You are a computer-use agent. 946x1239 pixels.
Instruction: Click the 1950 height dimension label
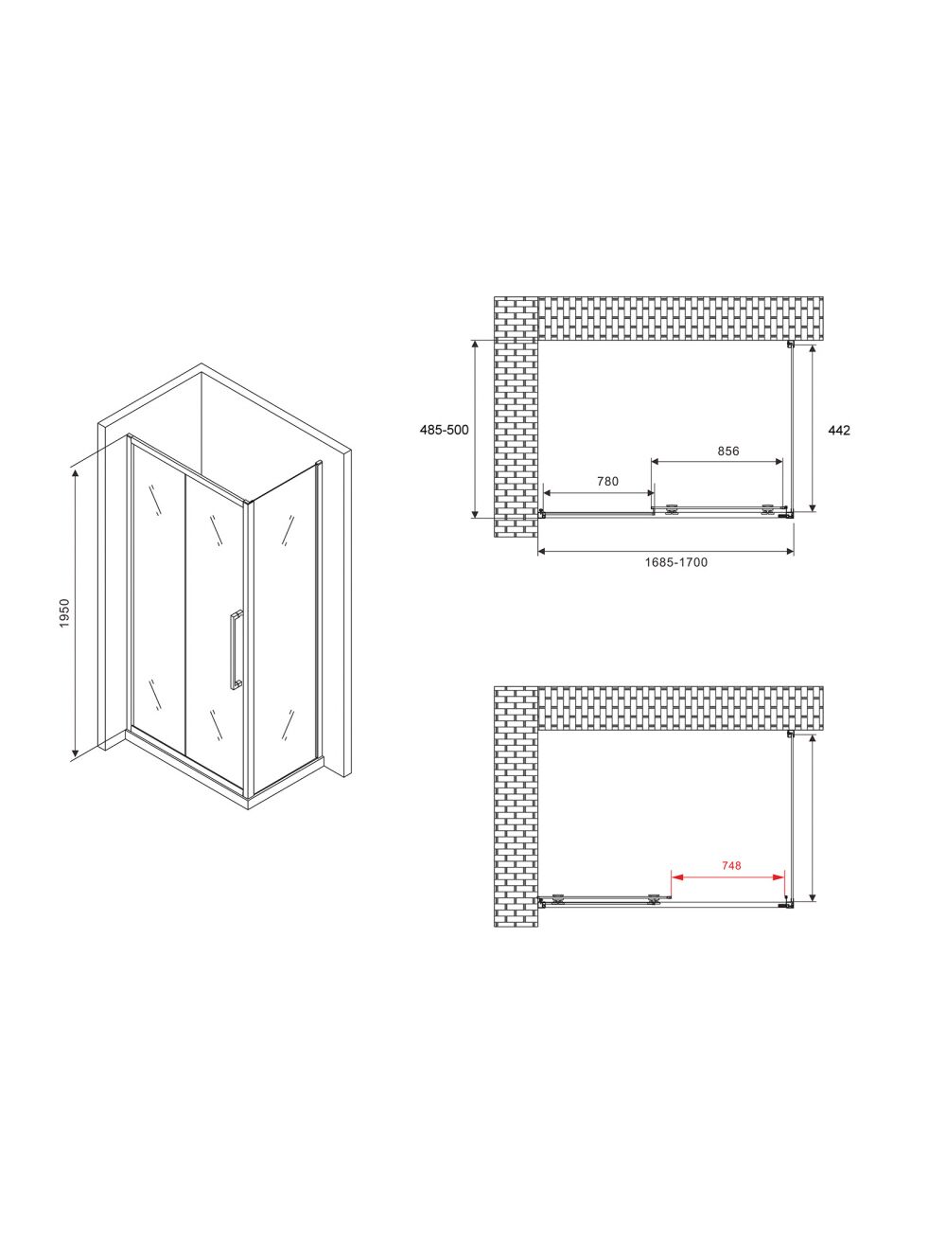pyautogui.click(x=64, y=612)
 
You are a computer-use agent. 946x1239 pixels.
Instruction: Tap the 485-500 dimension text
pyautogui.click(x=444, y=430)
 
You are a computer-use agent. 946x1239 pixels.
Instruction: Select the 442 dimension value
pyautogui.click(x=839, y=430)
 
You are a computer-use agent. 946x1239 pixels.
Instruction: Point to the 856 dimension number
pyautogui.click(x=728, y=451)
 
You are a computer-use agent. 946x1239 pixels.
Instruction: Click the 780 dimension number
pyautogui.click(x=607, y=482)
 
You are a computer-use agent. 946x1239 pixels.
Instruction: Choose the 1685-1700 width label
pyautogui.click(x=675, y=562)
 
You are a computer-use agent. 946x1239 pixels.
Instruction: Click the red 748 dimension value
pyautogui.click(x=731, y=865)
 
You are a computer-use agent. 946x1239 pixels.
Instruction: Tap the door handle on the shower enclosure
pyautogui.click(x=236, y=649)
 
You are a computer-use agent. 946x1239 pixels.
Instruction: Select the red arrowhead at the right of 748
pyautogui.click(x=779, y=877)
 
